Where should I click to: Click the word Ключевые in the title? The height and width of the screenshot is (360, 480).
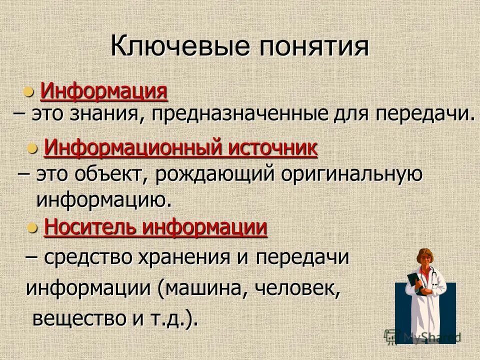pyautogui.click(x=179, y=47)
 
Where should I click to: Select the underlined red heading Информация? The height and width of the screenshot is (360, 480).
pyautogui.click(x=103, y=91)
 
